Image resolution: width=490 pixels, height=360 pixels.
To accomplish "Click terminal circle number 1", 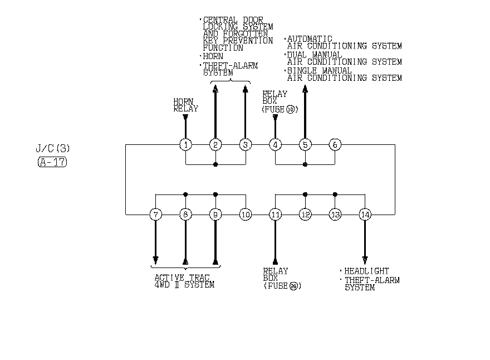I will point(185,145).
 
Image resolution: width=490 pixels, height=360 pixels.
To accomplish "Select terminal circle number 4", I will point(275,145).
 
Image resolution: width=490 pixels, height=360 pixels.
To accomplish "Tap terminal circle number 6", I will point(335,145).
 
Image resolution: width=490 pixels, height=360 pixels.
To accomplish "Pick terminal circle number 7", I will point(155,214).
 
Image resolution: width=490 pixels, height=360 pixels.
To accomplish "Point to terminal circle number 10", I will point(246,214).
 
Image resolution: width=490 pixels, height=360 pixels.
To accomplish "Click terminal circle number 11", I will point(275,214).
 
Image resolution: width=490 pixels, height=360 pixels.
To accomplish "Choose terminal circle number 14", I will point(365,214).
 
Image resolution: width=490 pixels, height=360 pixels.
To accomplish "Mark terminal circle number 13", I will point(335,214).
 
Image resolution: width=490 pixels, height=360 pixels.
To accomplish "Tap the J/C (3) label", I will point(53,149).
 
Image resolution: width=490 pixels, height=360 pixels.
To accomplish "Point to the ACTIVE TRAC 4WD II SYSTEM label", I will point(184,281).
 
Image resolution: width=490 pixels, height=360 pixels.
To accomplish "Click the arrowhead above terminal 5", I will point(305,87).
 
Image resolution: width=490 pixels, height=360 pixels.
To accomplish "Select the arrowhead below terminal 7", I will point(155,260).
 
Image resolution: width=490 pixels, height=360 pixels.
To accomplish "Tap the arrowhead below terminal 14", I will point(365,260).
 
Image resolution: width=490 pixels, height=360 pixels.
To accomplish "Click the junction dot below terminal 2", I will point(215,164).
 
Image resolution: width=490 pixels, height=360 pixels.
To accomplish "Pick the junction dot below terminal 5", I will point(305,164).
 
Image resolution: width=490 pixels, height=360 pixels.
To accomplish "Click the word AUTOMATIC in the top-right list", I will point(310,39).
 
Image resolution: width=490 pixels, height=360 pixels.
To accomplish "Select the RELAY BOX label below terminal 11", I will point(276,274).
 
